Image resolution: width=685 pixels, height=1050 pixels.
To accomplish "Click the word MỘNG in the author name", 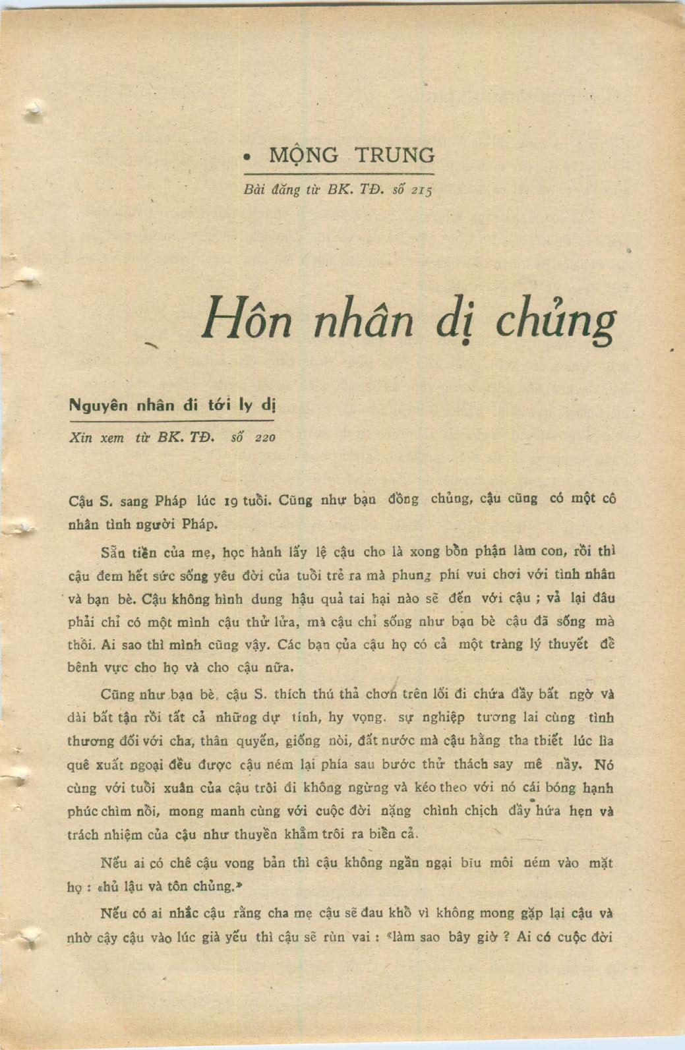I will (303, 156).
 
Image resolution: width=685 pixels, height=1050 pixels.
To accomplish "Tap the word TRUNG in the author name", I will (395, 156).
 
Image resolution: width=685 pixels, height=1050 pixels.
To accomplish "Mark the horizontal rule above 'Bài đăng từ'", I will (338, 174).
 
